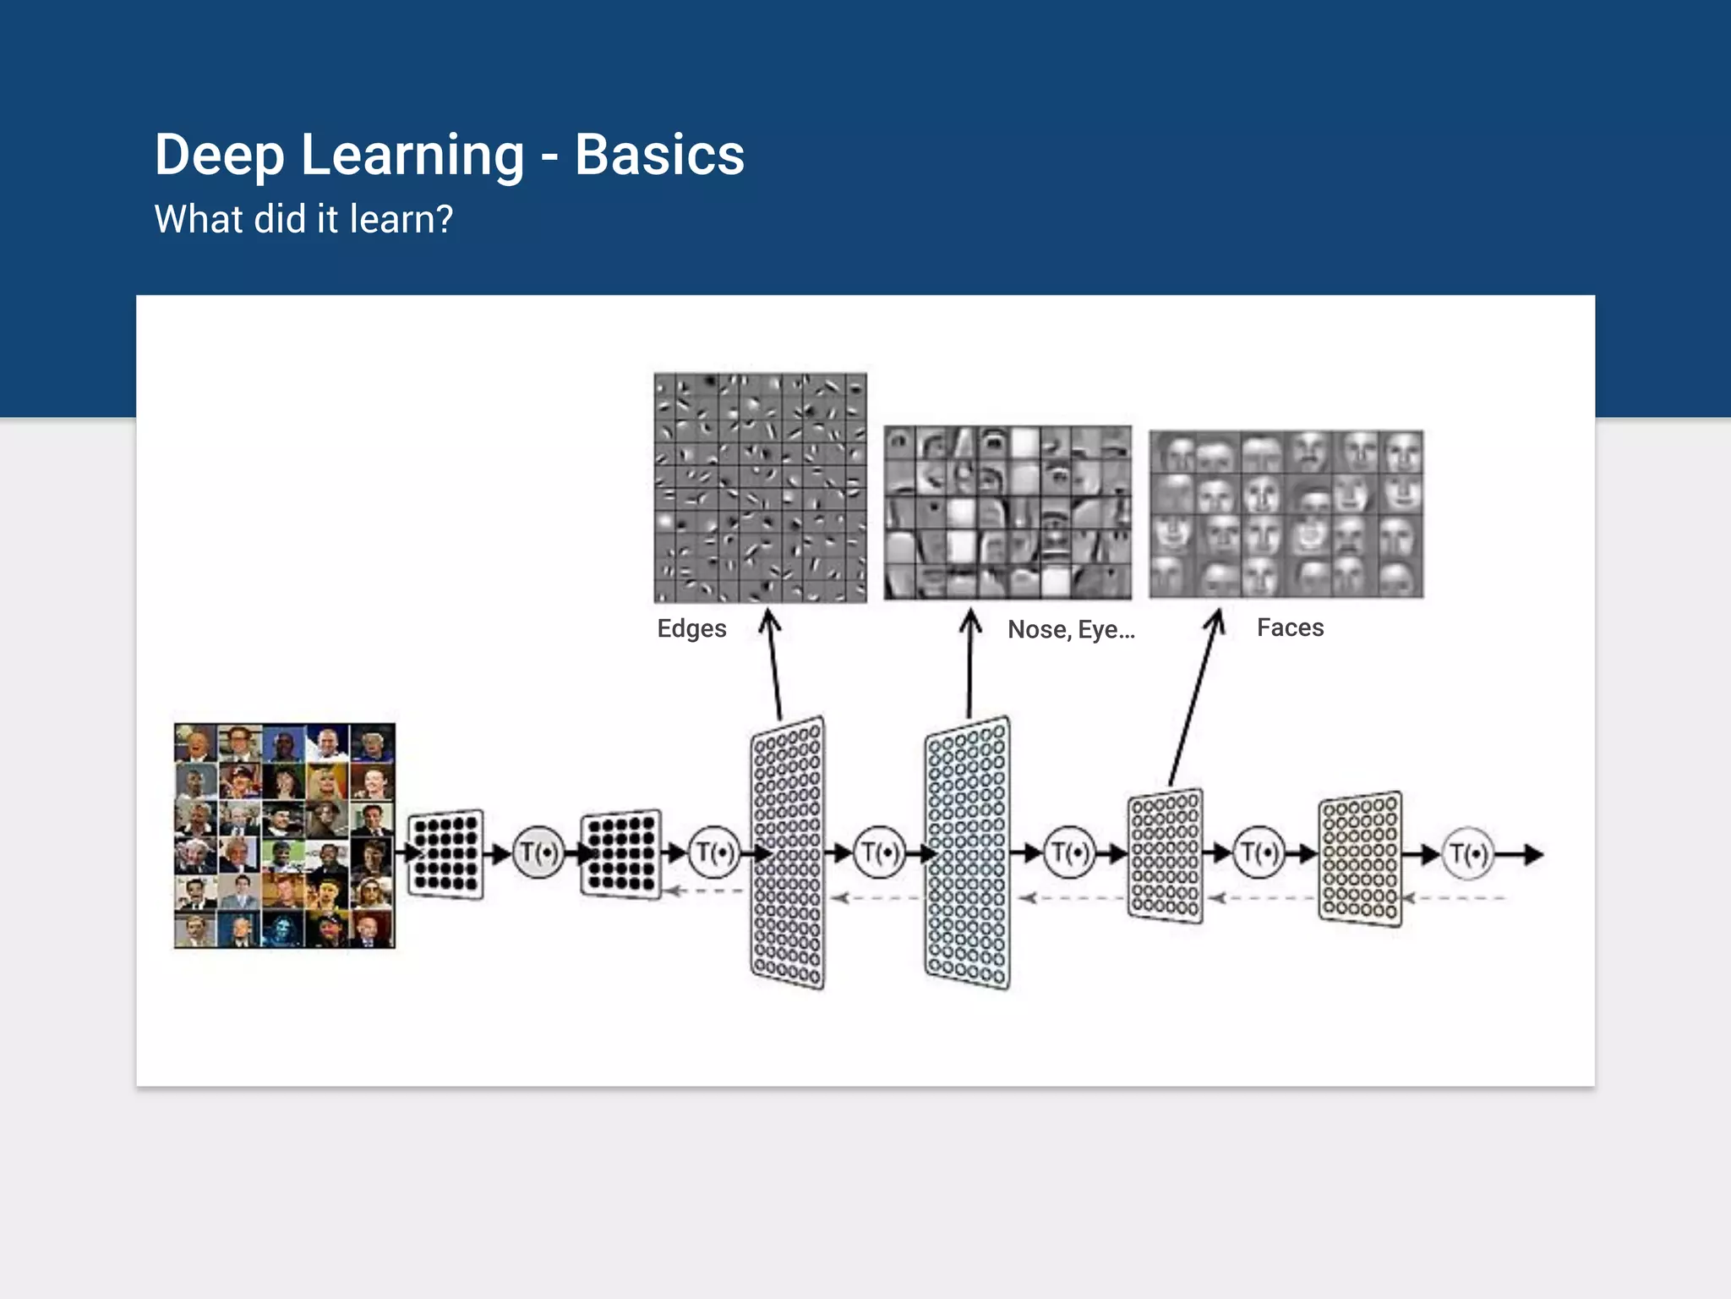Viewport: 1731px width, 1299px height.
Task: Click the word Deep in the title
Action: pyautogui.click(x=219, y=156)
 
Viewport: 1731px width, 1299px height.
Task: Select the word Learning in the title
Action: pyautogui.click(x=412, y=156)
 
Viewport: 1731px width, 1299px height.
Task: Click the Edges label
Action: pyautogui.click(x=691, y=628)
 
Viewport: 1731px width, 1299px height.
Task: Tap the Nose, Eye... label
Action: pyautogui.click(x=1071, y=629)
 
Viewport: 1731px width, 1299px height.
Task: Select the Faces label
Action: pyautogui.click(x=1290, y=628)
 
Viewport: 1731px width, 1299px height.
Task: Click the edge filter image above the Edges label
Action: pyautogui.click(x=760, y=488)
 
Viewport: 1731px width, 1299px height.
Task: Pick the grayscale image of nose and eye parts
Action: pyautogui.click(x=1007, y=512)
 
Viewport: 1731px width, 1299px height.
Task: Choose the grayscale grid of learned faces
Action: pyautogui.click(x=1286, y=514)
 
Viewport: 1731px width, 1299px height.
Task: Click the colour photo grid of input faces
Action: pyautogui.click(x=285, y=836)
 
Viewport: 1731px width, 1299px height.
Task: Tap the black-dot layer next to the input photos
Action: pyautogui.click(x=445, y=854)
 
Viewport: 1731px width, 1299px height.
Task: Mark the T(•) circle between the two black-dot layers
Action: pyautogui.click(x=538, y=852)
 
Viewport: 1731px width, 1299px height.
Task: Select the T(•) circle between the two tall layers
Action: pyautogui.click(x=879, y=852)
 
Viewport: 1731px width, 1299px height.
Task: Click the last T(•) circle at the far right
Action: pyautogui.click(x=1469, y=854)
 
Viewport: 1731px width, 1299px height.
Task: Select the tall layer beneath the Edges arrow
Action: pyautogui.click(x=788, y=852)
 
